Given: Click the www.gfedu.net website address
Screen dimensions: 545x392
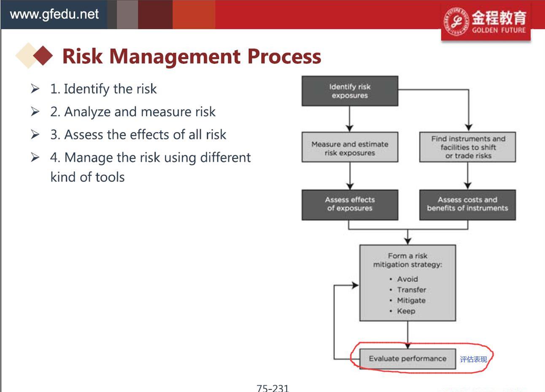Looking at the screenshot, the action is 54,14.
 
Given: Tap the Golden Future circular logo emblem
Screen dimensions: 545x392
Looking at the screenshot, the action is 456,22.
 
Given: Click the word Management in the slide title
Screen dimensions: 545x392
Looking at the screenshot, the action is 175,57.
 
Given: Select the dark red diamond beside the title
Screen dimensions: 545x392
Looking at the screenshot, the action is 43,55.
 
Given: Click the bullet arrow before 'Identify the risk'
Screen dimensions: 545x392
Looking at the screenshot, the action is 35,89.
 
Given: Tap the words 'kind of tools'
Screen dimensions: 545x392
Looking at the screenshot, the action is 88,177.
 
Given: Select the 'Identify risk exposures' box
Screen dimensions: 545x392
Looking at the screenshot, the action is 350,91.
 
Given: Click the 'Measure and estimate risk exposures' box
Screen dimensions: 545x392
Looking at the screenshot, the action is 350,147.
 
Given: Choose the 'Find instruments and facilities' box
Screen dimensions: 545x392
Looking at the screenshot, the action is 467,147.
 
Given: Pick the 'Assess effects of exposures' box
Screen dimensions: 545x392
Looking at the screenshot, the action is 350,205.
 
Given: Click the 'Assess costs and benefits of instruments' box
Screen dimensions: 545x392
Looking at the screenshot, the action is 467,205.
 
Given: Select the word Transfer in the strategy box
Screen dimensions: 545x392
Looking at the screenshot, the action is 412,290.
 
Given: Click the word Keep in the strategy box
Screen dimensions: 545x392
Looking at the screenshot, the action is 406,311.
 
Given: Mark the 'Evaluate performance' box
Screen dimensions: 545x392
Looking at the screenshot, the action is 408,359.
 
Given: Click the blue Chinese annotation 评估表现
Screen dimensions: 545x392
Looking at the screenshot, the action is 473,360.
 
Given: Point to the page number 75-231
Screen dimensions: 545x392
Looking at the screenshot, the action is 273,388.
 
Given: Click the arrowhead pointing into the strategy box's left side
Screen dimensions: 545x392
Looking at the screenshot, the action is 356,285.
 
